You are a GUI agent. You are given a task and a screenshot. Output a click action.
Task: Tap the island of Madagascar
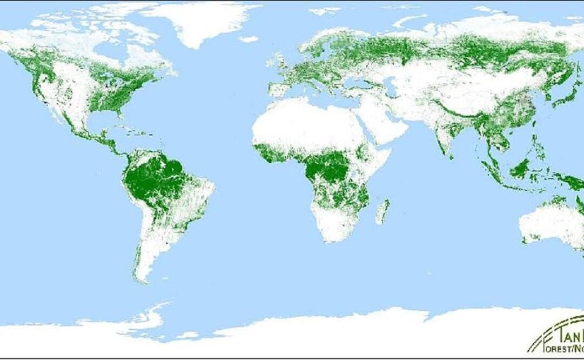(383, 211)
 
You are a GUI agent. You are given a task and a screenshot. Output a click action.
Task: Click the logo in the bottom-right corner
(556, 338)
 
